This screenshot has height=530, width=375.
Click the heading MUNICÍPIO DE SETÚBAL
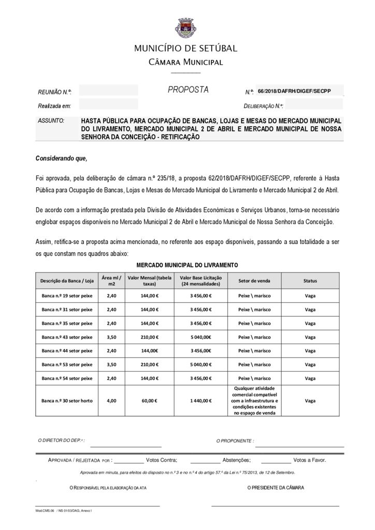pos(185,49)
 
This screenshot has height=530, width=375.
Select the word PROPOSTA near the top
pos(188,90)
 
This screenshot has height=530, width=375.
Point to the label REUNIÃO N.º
pos(54,92)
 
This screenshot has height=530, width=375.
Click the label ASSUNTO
pos(51,121)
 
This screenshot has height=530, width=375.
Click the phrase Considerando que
pos(61,158)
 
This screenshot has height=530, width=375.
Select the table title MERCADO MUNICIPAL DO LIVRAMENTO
pos(187,265)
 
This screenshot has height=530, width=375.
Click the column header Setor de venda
pos(254,281)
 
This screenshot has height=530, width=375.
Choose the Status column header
pos(310,281)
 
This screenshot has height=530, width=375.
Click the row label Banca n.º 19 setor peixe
pos(67,296)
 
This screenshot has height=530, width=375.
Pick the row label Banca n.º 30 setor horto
pos(67,401)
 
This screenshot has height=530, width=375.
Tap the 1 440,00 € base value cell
pos(200,401)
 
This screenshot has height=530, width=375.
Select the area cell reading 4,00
pos(111,401)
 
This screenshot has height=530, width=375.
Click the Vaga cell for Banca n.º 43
pos(310,337)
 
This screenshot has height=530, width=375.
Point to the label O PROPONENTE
pos(235,441)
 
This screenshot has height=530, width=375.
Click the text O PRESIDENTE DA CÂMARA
pos(276,488)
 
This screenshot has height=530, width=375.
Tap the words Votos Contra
pos(162,460)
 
